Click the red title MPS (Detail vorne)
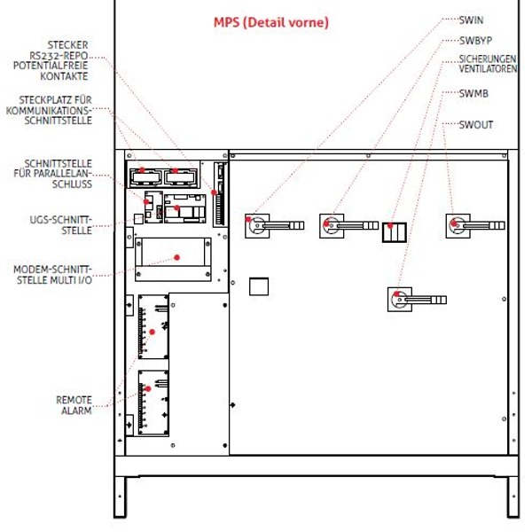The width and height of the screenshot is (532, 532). pos(271,22)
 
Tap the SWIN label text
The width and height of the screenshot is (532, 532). pos(472,19)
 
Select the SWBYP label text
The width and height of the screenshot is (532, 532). pos(476,40)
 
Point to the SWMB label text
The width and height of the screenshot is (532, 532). pos(474,92)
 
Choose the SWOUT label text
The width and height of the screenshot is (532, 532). pos(476,125)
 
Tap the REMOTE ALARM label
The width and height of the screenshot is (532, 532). pos(74,405)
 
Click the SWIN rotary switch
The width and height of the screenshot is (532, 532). pos(262,224)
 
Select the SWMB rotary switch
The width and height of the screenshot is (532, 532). pos(400,298)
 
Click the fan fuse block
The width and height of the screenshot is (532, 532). pos(393,232)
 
